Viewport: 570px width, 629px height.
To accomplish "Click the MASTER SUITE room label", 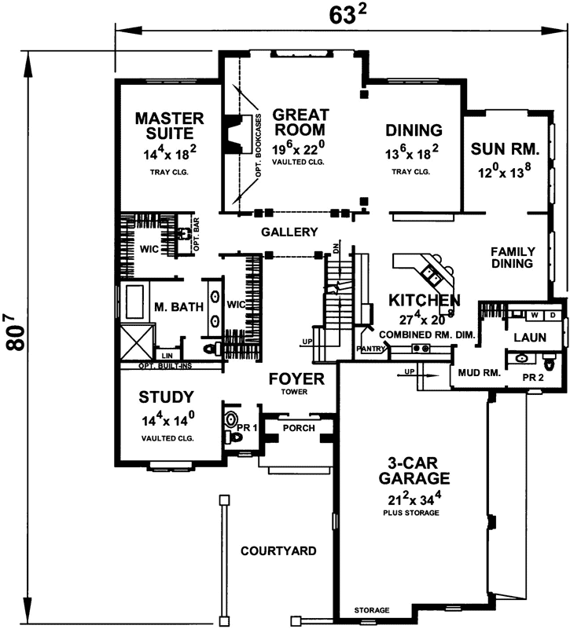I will [x=169, y=127].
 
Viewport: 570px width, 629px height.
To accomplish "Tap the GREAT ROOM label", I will [x=300, y=122].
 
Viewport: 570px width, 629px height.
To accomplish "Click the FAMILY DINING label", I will [x=513, y=258].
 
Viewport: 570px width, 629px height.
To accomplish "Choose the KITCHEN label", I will [x=424, y=300].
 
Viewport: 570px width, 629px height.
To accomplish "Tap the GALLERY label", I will [x=289, y=232].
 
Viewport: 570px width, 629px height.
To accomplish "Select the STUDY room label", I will [x=167, y=396].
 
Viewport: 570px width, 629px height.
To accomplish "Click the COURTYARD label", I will [x=278, y=550].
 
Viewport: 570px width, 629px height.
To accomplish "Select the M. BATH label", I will [x=179, y=306].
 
